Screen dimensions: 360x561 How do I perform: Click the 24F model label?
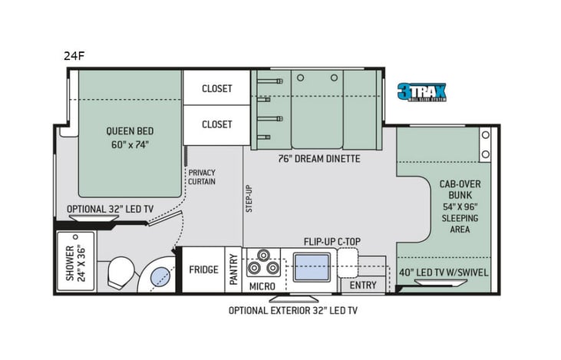(x=74, y=55)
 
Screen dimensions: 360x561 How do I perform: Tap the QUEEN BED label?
(x=127, y=137)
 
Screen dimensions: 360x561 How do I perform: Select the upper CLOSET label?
(x=216, y=88)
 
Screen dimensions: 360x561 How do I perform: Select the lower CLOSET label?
(x=216, y=124)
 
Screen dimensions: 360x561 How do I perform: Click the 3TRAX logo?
(x=421, y=93)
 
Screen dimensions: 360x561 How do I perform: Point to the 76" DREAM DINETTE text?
(x=318, y=159)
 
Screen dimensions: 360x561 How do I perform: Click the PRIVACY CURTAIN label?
(x=202, y=177)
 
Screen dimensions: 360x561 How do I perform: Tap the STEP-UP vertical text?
(x=249, y=199)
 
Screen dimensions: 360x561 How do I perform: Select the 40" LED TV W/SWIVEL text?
(x=444, y=272)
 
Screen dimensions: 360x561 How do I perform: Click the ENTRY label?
(x=363, y=286)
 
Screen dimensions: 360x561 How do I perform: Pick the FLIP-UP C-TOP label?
(x=332, y=241)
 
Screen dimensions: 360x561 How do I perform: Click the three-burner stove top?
(x=263, y=263)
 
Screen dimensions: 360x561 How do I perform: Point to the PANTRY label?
(x=233, y=269)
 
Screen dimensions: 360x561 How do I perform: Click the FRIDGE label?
(x=203, y=269)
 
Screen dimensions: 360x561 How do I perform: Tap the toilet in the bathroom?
(x=120, y=272)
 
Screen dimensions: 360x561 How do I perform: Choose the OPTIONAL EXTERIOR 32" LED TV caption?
(x=292, y=311)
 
